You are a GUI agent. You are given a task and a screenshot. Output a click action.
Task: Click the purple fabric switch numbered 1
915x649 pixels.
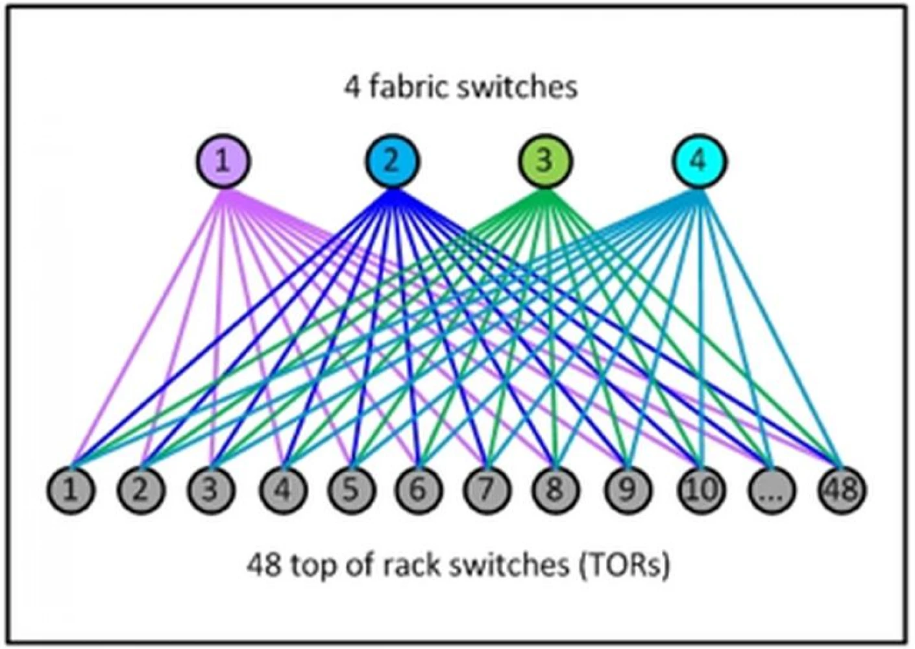point(223,162)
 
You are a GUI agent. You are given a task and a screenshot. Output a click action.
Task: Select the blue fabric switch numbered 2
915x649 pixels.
point(392,162)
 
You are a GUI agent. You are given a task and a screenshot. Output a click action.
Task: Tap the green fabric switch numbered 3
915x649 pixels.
point(545,162)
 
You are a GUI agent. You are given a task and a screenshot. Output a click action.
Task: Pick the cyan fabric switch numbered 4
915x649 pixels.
point(700,162)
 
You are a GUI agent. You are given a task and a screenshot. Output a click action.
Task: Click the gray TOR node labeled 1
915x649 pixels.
point(71,490)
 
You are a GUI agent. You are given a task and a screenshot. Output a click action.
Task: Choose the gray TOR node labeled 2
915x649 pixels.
point(141,490)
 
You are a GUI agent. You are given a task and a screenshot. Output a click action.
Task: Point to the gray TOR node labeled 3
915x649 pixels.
point(211,490)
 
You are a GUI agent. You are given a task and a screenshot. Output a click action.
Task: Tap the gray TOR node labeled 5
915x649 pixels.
point(351,490)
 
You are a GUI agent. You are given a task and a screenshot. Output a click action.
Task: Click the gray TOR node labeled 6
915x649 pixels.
point(419,490)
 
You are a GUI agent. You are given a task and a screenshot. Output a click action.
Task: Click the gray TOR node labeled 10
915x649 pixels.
point(700,490)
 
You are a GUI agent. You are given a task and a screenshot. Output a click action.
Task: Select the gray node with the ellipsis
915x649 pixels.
point(772,490)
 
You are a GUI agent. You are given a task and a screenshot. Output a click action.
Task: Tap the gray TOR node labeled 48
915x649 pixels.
point(842,490)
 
